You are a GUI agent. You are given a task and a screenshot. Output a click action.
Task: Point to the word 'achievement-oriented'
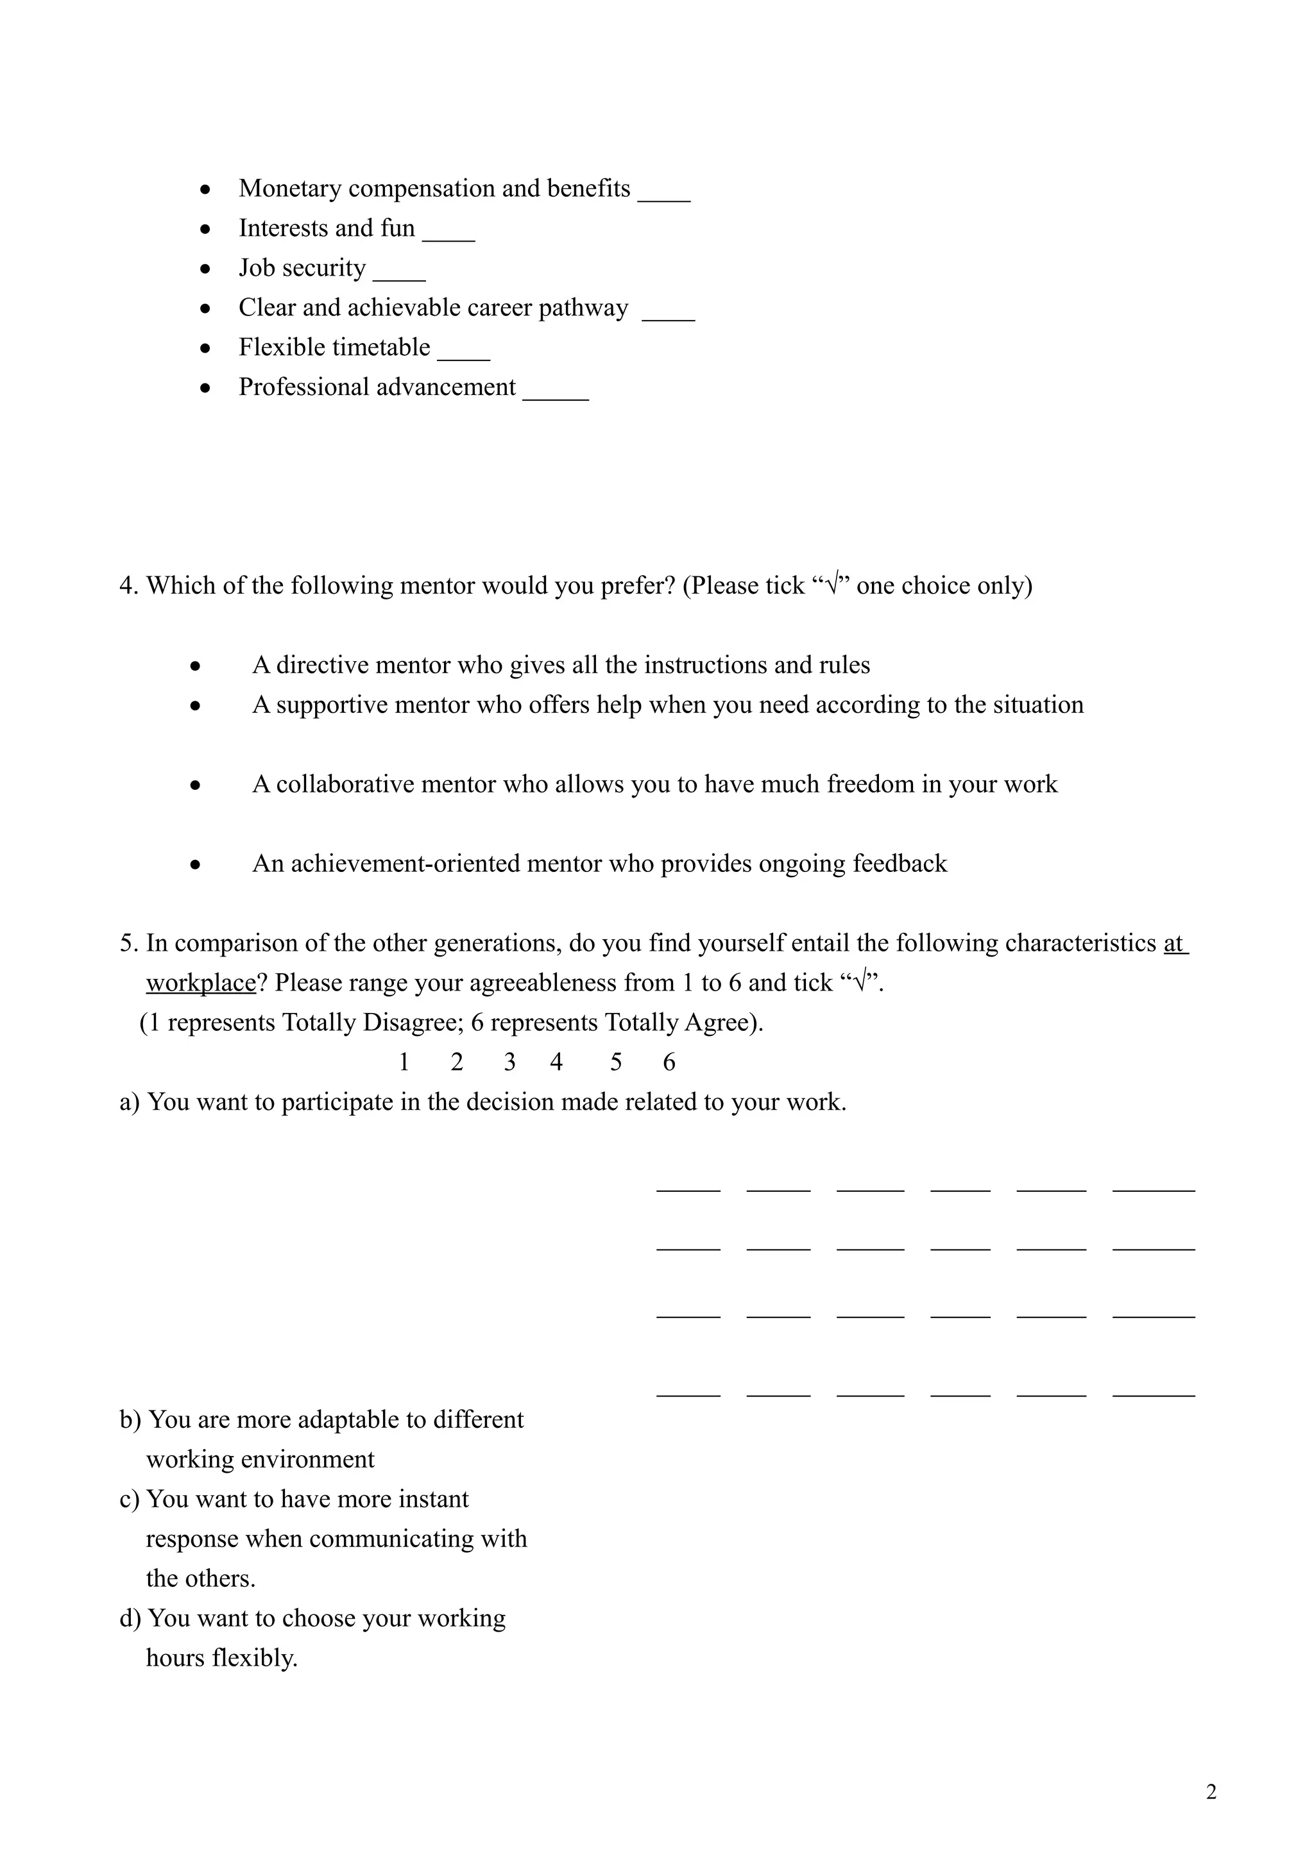tap(406, 864)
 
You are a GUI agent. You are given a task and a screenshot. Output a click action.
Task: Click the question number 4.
tap(128, 586)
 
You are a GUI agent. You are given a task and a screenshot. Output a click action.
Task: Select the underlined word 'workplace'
tap(201, 983)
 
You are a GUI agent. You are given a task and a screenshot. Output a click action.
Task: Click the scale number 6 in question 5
tap(669, 1062)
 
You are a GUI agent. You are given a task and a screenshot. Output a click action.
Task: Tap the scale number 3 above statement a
tap(509, 1062)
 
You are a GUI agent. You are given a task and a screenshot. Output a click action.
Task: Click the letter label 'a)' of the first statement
tap(130, 1102)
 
